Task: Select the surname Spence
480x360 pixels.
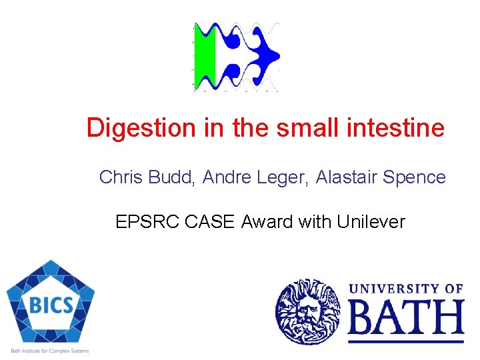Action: coord(415,177)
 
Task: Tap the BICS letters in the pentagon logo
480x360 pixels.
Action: coord(51,305)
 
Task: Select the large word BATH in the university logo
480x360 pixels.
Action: coord(405,317)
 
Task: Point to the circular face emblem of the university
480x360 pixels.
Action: coord(307,311)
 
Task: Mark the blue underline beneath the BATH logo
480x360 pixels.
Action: coord(405,341)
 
